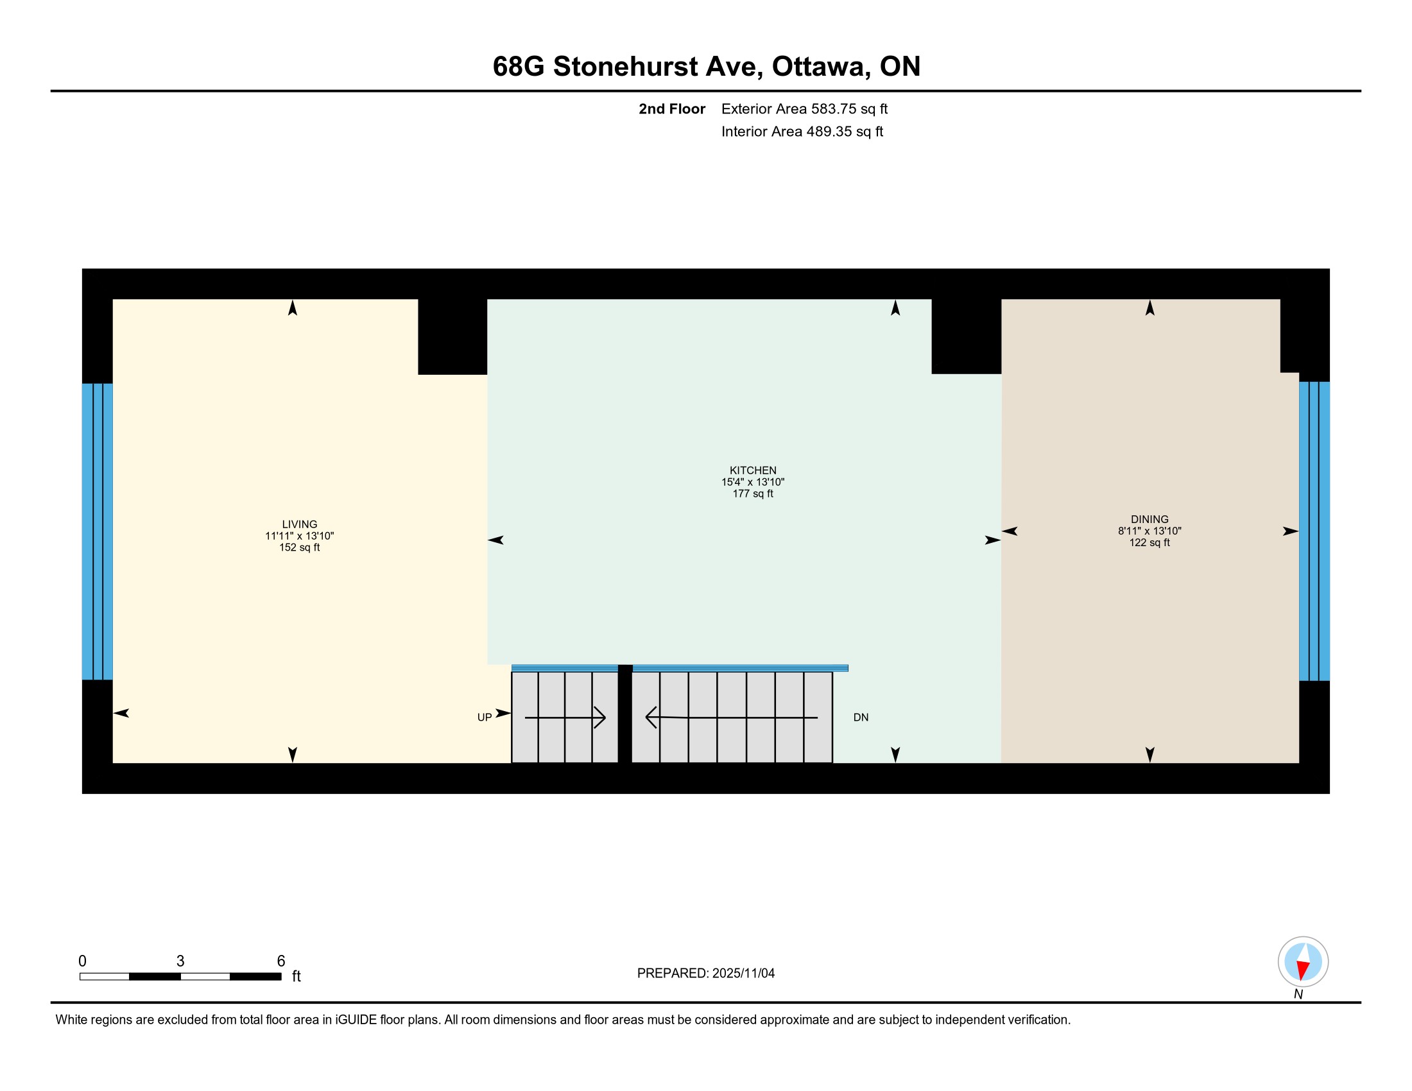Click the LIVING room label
point(299,524)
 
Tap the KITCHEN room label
point(753,470)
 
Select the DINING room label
point(1149,519)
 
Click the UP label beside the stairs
point(484,717)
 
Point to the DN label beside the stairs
point(861,717)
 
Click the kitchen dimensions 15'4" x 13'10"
point(753,482)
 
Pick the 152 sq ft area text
point(299,547)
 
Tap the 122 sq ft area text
point(1149,542)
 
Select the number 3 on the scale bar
point(180,961)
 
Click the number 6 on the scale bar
point(281,961)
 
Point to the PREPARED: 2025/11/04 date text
point(706,974)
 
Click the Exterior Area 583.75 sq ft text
point(804,109)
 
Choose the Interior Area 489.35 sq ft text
point(802,132)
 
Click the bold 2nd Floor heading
point(672,109)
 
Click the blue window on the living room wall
point(98,531)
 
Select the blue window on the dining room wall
point(1314,531)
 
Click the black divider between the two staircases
point(625,714)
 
